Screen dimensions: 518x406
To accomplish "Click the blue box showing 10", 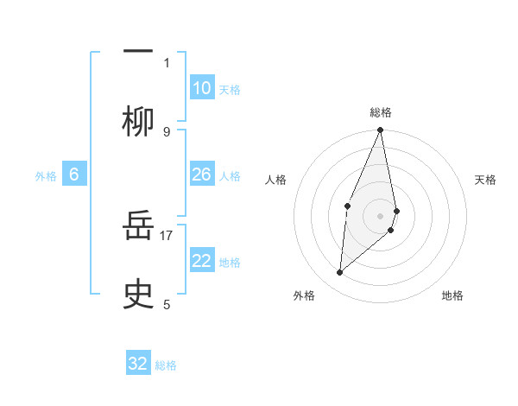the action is tap(202, 88).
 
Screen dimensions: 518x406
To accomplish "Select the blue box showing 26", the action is tap(202, 174).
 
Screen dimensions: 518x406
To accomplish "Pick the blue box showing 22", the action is tap(202, 261).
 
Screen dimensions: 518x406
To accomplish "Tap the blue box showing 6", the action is tap(74, 174).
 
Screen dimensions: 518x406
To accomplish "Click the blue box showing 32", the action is tap(138, 364).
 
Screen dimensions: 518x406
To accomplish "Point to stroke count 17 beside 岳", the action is tap(167, 233).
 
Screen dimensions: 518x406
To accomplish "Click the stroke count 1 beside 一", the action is tap(167, 62).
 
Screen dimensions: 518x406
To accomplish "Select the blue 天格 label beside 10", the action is tap(230, 89).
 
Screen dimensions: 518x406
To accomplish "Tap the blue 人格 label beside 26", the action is tap(230, 175).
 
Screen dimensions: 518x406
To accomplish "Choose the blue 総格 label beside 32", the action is tap(166, 365).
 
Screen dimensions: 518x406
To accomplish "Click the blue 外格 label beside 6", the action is tap(46, 176).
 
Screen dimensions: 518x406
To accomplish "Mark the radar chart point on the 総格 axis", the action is tap(380, 130).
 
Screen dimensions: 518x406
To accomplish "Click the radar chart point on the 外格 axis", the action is tap(340, 272).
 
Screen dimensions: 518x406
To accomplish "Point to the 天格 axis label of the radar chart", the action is tap(485, 180).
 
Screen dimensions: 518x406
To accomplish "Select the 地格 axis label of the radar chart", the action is tap(452, 295).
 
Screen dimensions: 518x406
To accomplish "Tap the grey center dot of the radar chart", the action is tap(380, 215).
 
